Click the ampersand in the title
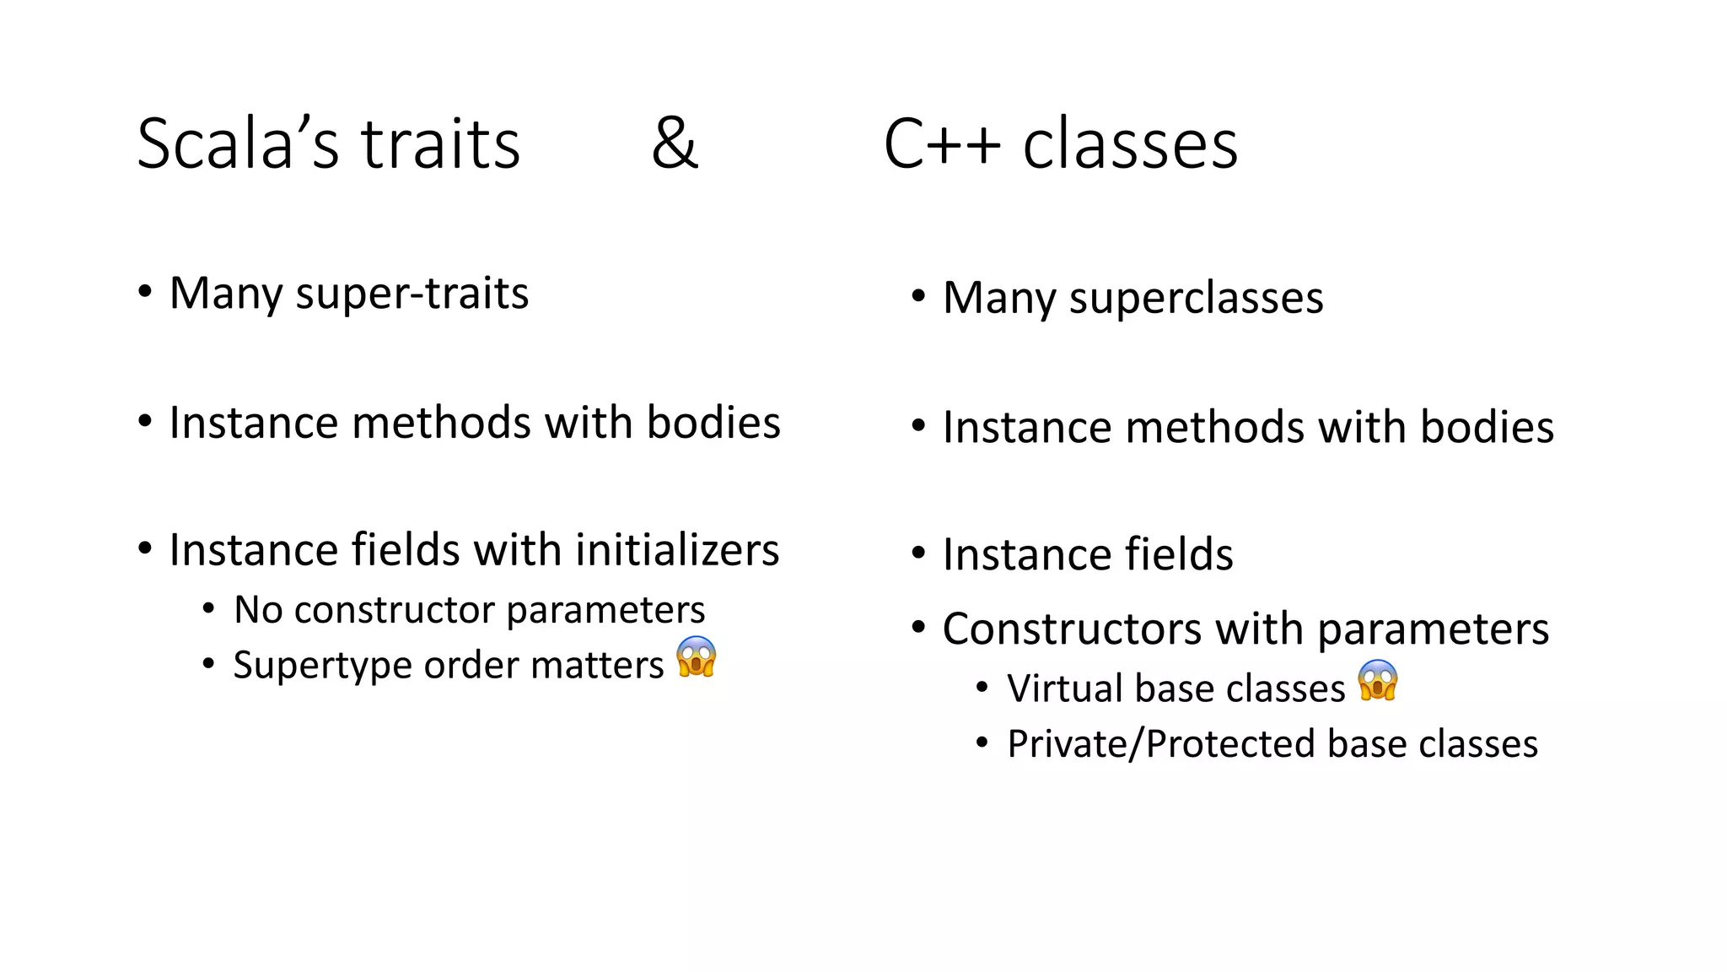[675, 143]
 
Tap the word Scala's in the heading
[238, 143]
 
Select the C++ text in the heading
[942, 143]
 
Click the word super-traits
[412, 294]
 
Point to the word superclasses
[1196, 298]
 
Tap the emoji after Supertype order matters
[697, 656]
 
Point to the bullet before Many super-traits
[146, 292]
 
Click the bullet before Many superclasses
[918, 297]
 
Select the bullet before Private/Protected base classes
[982, 743]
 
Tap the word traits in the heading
[441, 143]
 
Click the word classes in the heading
[1130, 143]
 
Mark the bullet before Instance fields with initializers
[146, 549]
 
